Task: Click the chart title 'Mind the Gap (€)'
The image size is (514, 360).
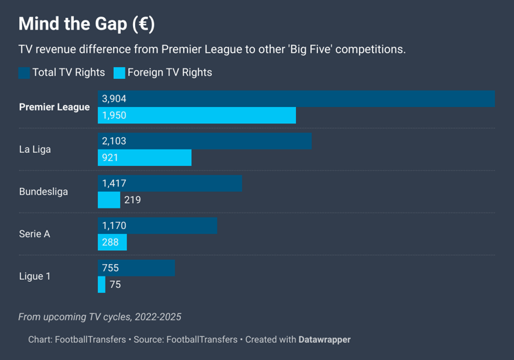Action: click(86, 24)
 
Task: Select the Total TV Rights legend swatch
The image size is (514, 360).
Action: click(24, 73)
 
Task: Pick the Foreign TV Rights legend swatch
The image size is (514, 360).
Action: click(119, 73)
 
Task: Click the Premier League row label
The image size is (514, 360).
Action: click(54, 107)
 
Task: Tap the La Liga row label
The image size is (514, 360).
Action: click(35, 149)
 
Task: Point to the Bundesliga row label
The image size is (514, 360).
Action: click(43, 192)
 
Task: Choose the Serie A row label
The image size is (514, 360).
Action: click(34, 234)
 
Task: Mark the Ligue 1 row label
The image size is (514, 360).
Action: click(34, 276)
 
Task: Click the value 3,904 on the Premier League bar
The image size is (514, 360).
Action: click(114, 99)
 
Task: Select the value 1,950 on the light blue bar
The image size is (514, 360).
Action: click(114, 115)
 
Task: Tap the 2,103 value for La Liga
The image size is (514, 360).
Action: click(114, 141)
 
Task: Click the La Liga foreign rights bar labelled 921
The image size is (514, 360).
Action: click(145, 158)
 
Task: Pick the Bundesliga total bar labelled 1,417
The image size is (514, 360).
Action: click(170, 184)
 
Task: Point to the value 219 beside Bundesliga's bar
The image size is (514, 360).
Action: click(132, 200)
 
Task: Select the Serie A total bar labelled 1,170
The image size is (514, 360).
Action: click(158, 226)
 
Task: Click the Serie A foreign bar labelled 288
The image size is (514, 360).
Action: click(112, 242)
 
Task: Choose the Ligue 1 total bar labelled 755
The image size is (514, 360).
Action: click(136, 268)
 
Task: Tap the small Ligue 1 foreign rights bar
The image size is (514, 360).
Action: click(101, 285)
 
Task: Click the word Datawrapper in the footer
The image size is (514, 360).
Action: click(324, 339)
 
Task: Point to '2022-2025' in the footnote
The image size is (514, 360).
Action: click(158, 317)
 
